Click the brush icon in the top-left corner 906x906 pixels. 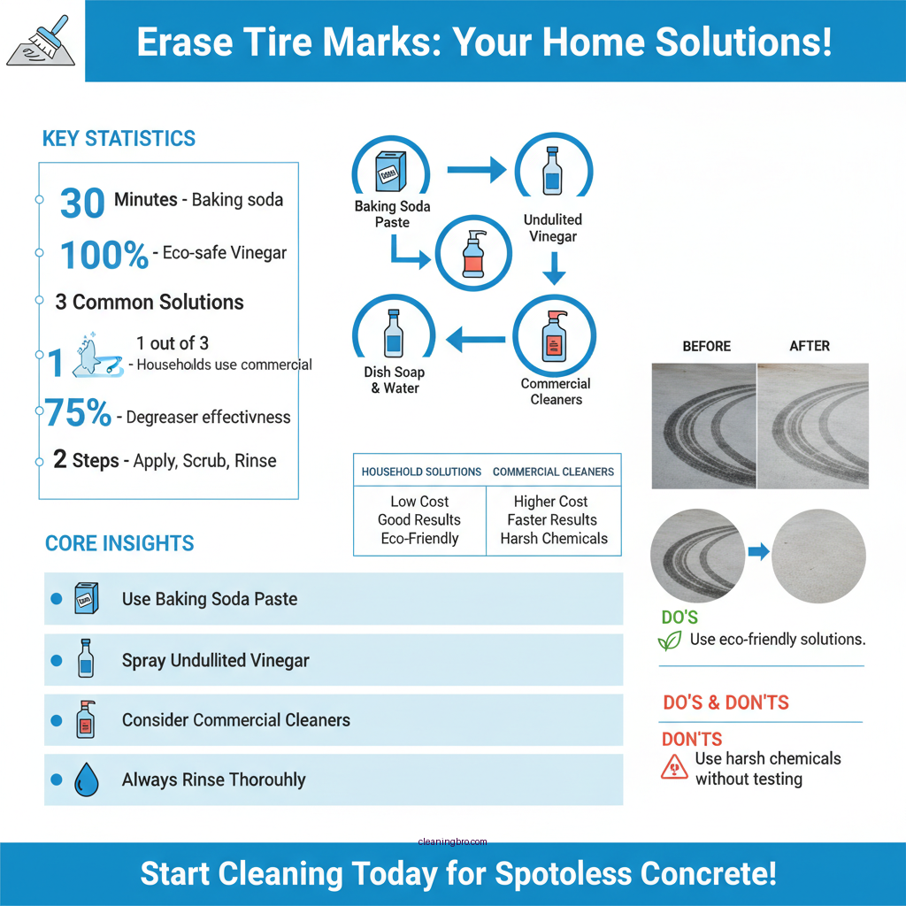(42, 41)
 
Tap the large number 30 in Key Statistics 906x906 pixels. (82, 203)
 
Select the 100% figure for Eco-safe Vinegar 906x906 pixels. (104, 256)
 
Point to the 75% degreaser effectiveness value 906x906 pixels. (78, 413)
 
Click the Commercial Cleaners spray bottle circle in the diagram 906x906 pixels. (555, 337)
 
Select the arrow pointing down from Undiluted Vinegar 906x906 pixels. (554, 268)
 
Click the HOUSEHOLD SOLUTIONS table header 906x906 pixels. (421, 472)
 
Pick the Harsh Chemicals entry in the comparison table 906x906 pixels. (554, 539)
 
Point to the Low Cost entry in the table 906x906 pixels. (419, 502)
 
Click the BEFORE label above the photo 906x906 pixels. (706, 346)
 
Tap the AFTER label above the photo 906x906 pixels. (810, 346)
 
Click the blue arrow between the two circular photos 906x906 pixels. (758, 552)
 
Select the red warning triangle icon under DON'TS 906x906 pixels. (674, 767)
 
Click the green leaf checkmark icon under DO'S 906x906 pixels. (670, 641)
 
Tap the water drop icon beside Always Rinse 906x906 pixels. (86, 780)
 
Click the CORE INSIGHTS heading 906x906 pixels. (119, 543)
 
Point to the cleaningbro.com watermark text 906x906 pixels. (452, 842)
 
